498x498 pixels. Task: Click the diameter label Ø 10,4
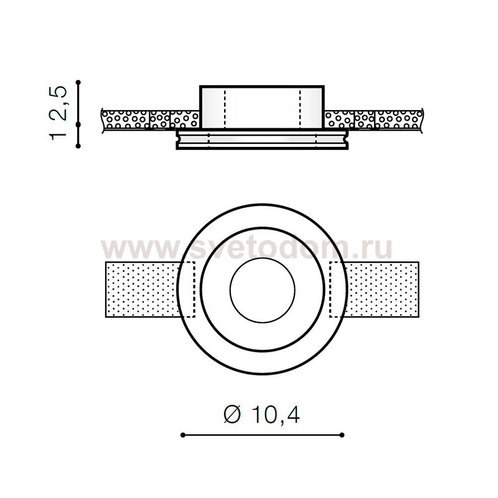(x=261, y=415)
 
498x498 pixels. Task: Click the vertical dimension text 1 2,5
(x=58, y=113)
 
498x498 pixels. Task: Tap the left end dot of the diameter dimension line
(x=183, y=435)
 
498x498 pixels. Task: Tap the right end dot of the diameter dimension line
(x=342, y=435)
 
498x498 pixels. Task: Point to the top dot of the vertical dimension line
(x=78, y=82)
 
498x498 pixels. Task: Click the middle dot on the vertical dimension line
(x=78, y=124)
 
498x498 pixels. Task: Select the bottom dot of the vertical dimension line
(x=78, y=146)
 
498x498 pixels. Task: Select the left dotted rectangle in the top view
(x=143, y=289)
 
